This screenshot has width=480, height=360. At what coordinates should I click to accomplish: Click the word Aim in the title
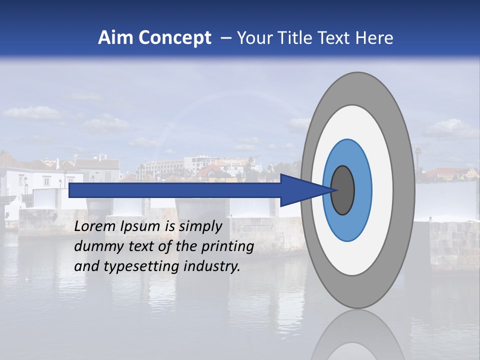115,38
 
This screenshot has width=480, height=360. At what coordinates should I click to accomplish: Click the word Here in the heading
374,38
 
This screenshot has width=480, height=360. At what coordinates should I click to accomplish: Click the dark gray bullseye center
343,190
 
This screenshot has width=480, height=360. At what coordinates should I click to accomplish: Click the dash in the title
226,38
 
